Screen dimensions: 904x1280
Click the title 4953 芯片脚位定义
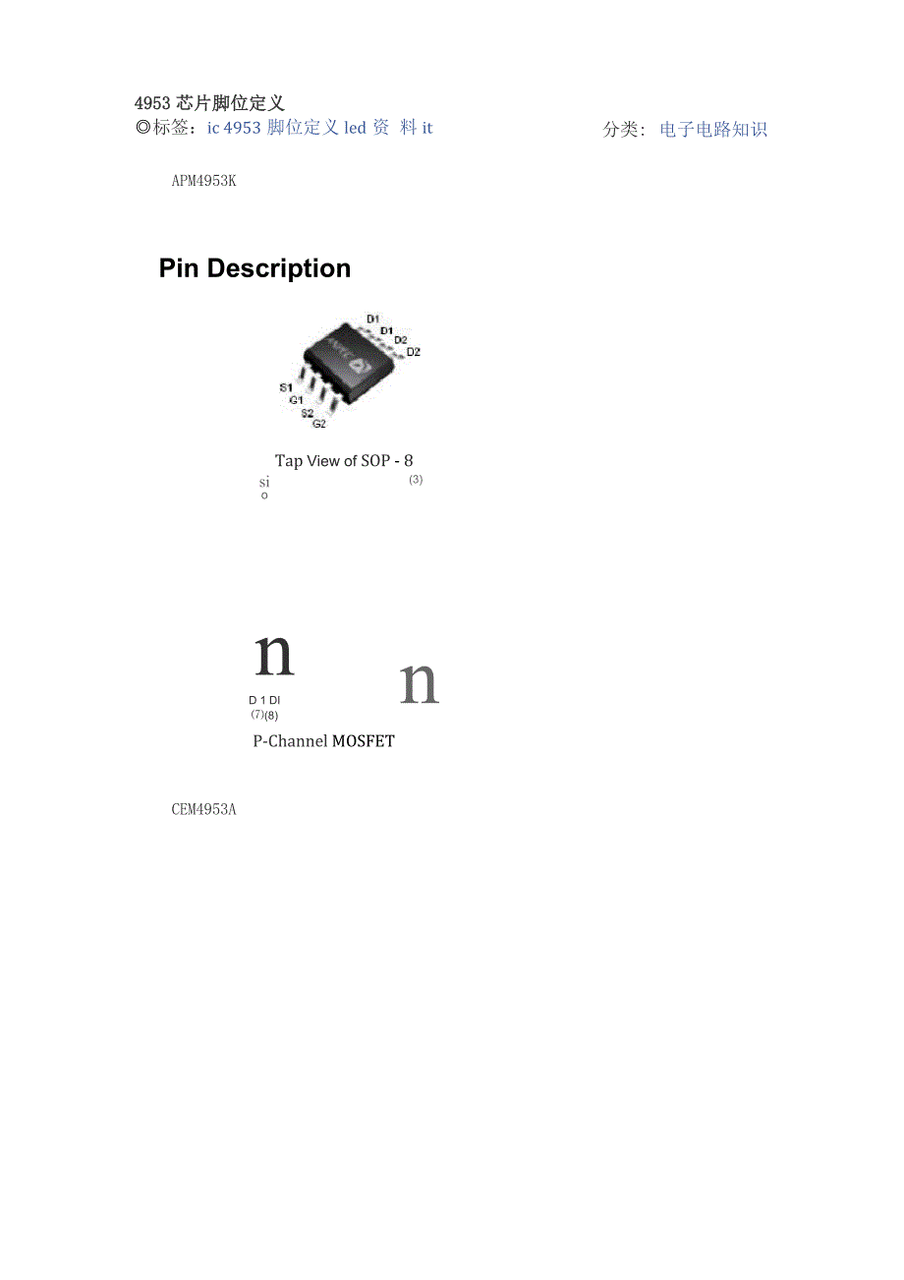[209, 103]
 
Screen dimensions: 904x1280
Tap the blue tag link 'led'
[355, 128]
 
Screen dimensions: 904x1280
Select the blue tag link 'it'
[427, 128]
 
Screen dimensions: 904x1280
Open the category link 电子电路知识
[713, 129]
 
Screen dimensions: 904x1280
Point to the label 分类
[620, 129]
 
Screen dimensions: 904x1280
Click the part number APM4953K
[203, 181]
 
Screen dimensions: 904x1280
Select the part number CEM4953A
[203, 809]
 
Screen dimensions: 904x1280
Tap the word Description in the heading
[279, 269]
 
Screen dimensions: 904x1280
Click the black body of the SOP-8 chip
[350, 363]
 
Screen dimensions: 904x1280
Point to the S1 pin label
[286, 387]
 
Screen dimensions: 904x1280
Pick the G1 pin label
[296, 400]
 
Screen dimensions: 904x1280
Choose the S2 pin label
[308, 413]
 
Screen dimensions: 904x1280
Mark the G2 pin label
[318, 424]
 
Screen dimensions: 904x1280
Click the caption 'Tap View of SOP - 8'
[344, 460]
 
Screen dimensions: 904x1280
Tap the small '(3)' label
[416, 480]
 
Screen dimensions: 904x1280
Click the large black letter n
[274, 655]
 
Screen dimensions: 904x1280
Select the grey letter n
[420, 682]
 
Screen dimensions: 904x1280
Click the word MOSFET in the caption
[364, 741]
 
